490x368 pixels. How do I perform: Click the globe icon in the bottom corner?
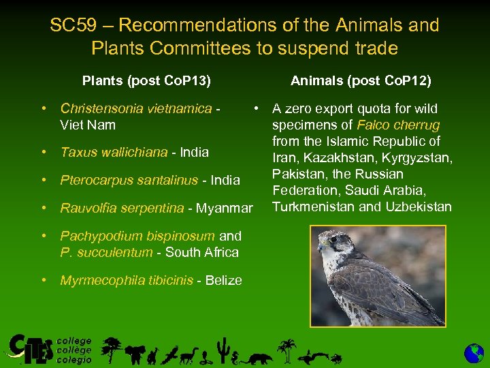[x=474, y=353]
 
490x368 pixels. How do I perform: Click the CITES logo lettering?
[x=31, y=349]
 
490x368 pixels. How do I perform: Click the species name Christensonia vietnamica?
[x=135, y=108]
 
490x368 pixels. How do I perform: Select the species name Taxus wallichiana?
[x=114, y=152]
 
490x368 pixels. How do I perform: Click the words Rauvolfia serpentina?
[x=122, y=208]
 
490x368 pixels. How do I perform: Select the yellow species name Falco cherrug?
[x=398, y=125]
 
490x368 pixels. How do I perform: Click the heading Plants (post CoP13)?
[x=146, y=81]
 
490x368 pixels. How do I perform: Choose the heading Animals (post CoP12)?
[x=361, y=81]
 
